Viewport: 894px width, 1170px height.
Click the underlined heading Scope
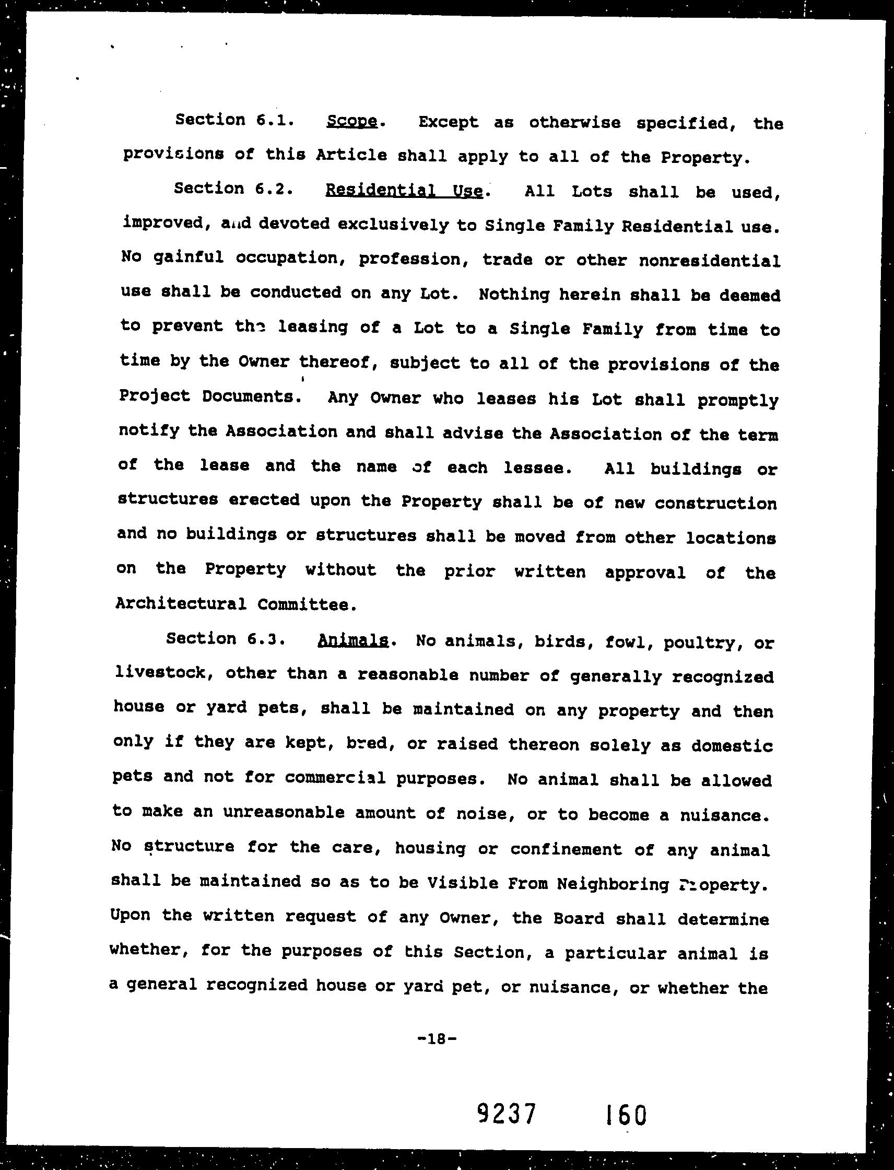352,121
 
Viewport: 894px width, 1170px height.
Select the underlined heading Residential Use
404,190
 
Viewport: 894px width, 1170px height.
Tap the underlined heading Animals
352,640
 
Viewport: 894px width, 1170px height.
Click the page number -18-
436,1038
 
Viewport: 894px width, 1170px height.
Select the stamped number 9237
505,1112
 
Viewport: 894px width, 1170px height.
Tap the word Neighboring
613,884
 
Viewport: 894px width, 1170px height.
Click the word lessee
538,468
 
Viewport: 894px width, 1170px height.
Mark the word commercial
335,778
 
